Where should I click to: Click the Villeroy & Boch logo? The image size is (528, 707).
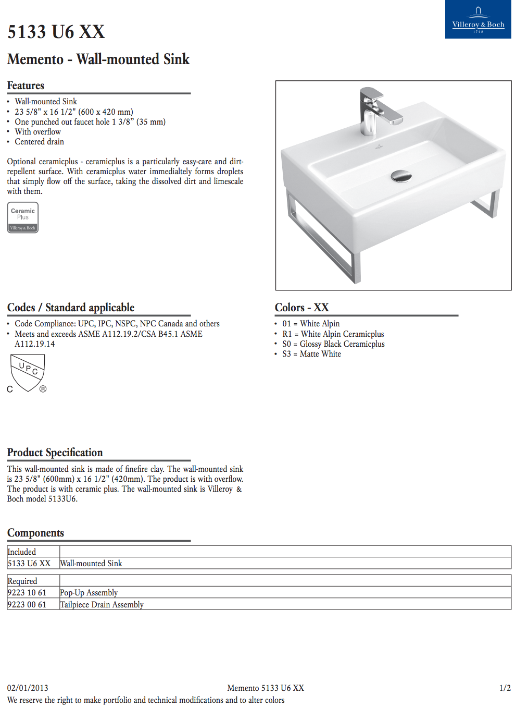478,19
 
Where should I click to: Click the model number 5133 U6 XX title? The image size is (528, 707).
56,32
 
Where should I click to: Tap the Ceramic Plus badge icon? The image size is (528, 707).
23,217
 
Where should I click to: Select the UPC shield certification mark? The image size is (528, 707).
28,372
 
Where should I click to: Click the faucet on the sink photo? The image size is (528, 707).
375,109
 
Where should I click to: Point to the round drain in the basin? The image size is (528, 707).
401,176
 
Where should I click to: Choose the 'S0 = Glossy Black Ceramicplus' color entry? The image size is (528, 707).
333,344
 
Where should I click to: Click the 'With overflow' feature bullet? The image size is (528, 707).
37,132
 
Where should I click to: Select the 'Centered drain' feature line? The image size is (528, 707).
39,142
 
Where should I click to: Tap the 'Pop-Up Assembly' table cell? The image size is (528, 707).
89,593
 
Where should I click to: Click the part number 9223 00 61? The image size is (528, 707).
27,605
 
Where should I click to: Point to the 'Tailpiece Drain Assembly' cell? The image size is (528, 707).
102,605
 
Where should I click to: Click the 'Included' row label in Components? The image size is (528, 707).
22,552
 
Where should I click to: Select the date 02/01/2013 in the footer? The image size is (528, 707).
28,688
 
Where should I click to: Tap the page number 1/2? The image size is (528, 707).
505,688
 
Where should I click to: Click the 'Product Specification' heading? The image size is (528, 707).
55,453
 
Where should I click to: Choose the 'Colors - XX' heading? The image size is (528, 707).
302,308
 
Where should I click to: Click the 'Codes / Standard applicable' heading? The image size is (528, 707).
71,308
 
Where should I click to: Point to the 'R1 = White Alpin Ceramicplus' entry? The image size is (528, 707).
333,334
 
